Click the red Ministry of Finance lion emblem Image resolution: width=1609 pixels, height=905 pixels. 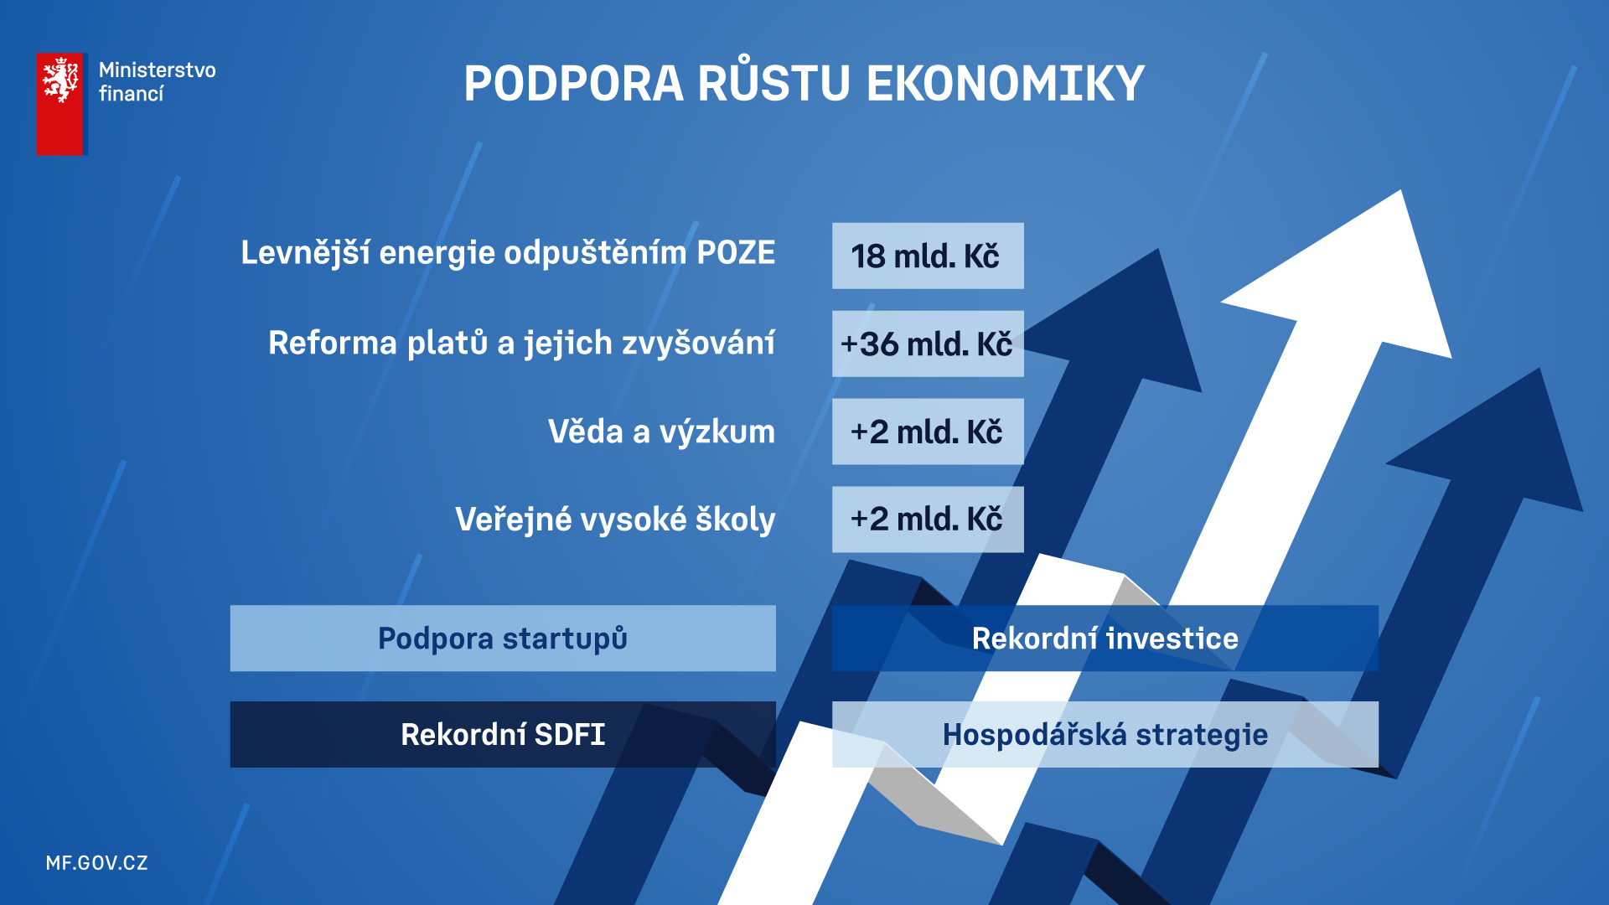(60, 104)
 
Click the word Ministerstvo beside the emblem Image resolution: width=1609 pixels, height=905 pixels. (158, 70)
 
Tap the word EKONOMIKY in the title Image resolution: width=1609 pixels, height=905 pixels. (1006, 84)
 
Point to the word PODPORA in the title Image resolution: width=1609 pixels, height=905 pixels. (574, 84)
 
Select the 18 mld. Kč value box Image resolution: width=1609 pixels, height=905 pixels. (928, 256)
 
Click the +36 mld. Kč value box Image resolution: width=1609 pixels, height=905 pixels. (928, 344)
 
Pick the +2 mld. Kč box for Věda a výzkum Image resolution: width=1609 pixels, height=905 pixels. (928, 432)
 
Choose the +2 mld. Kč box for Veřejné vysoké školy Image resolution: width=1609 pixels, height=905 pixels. (928, 520)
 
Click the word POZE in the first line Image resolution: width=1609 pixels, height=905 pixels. (737, 253)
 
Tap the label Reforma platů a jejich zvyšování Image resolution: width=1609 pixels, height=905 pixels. (521, 344)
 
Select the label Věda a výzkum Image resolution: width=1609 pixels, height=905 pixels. (661, 432)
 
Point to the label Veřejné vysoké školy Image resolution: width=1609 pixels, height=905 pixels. (615, 520)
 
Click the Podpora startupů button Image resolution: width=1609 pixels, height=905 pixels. (503, 639)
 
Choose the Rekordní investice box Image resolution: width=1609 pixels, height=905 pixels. (1105, 639)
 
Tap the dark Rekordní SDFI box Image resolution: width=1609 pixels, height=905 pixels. (503, 734)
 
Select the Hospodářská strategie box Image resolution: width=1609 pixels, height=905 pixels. (1105, 734)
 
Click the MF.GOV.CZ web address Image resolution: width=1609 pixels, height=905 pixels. (97, 863)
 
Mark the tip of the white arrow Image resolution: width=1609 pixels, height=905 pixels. (1401, 191)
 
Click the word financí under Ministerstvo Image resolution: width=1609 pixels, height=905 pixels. (132, 94)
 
